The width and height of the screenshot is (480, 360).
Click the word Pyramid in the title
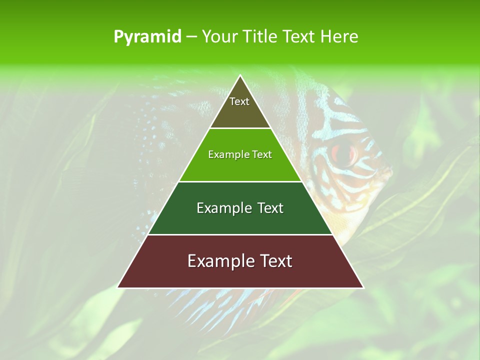pos(147,37)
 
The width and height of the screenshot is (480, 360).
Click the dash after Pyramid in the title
pos(191,37)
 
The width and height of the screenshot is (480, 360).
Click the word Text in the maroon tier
pos(274,261)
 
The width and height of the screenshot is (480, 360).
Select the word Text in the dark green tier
pos(269,208)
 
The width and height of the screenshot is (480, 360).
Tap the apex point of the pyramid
pos(240,76)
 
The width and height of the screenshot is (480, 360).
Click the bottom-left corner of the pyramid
pos(118,287)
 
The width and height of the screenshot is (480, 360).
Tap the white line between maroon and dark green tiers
pos(240,234)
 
